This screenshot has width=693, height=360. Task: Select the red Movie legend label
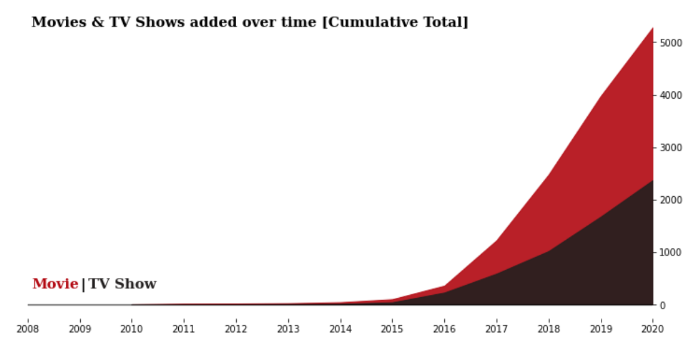point(55,284)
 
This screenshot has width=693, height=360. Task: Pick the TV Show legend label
point(123,284)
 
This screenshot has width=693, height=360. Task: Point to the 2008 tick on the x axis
point(28,329)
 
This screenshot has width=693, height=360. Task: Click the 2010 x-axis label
point(132,329)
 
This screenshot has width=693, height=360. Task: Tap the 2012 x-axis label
point(236,329)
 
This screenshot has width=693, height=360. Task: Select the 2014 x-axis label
point(340,329)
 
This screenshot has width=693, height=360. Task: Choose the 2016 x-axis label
point(444,329)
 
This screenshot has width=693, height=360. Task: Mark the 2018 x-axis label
point(548,329)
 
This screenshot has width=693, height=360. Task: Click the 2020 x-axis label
point(652,329)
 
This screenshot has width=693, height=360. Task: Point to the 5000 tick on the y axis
point(670,43)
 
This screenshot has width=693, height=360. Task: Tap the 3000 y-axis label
point(670,148)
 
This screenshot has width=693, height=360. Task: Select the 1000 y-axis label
point(670,252)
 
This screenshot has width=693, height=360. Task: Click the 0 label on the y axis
point(663,305)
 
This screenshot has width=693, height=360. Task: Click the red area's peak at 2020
point(652,28)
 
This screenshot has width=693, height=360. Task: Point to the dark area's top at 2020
point(652,180)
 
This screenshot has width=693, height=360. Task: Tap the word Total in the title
point(445,23)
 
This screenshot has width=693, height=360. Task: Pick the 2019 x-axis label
point(600,329)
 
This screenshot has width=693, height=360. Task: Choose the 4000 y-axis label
point(670,95)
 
